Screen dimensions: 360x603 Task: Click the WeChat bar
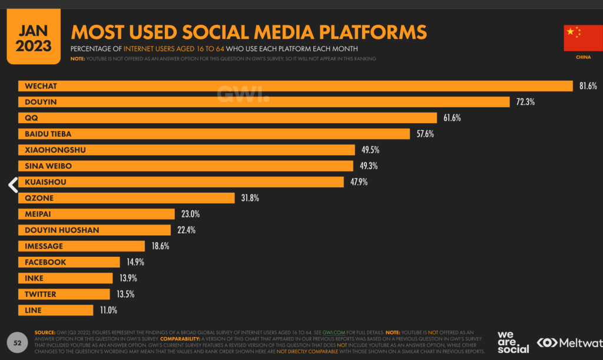pyautogui.click(x=294, y=86)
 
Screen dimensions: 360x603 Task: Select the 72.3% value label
pyautogui.click(x=525, y=102)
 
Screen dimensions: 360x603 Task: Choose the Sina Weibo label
pyautogui.click(x=48, y=166)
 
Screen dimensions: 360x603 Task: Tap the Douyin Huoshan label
pyautogui.click(x=62, y=230)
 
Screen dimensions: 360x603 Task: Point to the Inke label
pyautogui.click(x=34, y=278)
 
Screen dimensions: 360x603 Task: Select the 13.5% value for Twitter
pyautogui.click(x=124, y=294)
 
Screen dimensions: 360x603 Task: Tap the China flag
pyautogui.click(x=579, y=38)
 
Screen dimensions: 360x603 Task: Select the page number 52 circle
pyautogui.click(x=18, y=343)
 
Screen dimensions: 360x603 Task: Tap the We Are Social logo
pyautogui.click(x=513, y=342)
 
